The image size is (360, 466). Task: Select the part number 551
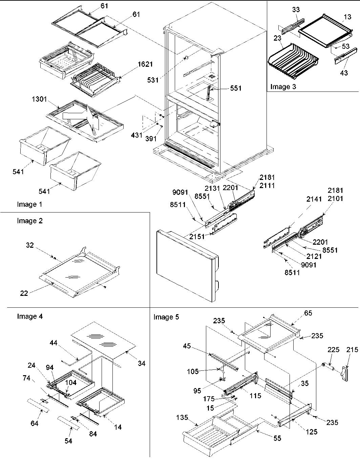click(x=236, y=88)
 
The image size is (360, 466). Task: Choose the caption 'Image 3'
click(x=283, y=87)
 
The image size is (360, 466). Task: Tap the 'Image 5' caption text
click(x=166, y=317)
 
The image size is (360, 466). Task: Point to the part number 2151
click(x=197, y=237)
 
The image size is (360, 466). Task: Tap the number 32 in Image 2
click(x=30, y=245)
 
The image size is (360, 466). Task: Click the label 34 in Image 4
click(x=142, y=363)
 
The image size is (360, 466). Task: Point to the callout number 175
click(x=209, y=399)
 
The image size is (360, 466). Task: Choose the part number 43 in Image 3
click(x=344, y=73)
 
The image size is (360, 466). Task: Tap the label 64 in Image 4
click(x=35, y=423)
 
